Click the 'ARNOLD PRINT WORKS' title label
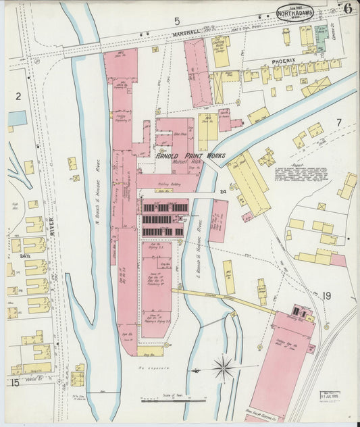[x=190, y=155]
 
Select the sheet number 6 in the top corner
[x=346, y=9]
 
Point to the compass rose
[x=224, y=369]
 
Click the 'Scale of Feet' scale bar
[x=173, y=399]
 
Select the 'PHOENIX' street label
[x=284, y=60]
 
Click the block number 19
[x=327, y=295]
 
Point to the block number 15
[x=14, y=382]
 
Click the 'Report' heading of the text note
[x=295, y=162]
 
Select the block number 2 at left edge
[x=20, y=96]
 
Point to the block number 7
[x=339, y=122]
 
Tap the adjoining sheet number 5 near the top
[x=176, y=21]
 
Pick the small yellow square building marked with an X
[x=322, y=206]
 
